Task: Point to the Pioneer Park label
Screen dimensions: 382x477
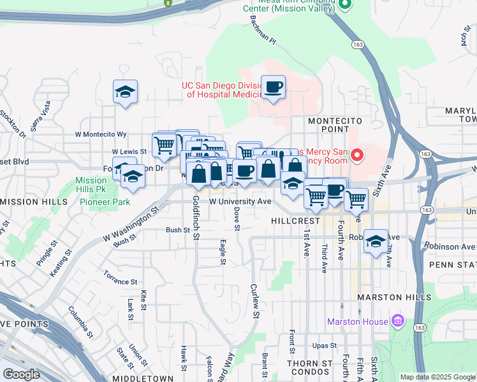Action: (105, 202)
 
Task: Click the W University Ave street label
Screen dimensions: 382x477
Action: (240, 201)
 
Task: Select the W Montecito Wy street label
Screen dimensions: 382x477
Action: (101, 134)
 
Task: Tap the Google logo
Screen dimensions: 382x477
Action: (21, 374)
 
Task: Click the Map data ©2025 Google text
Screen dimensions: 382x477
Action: (437, 377)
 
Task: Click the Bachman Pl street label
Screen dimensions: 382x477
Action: (263, 36)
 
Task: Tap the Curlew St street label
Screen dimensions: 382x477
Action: (254, 301)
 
